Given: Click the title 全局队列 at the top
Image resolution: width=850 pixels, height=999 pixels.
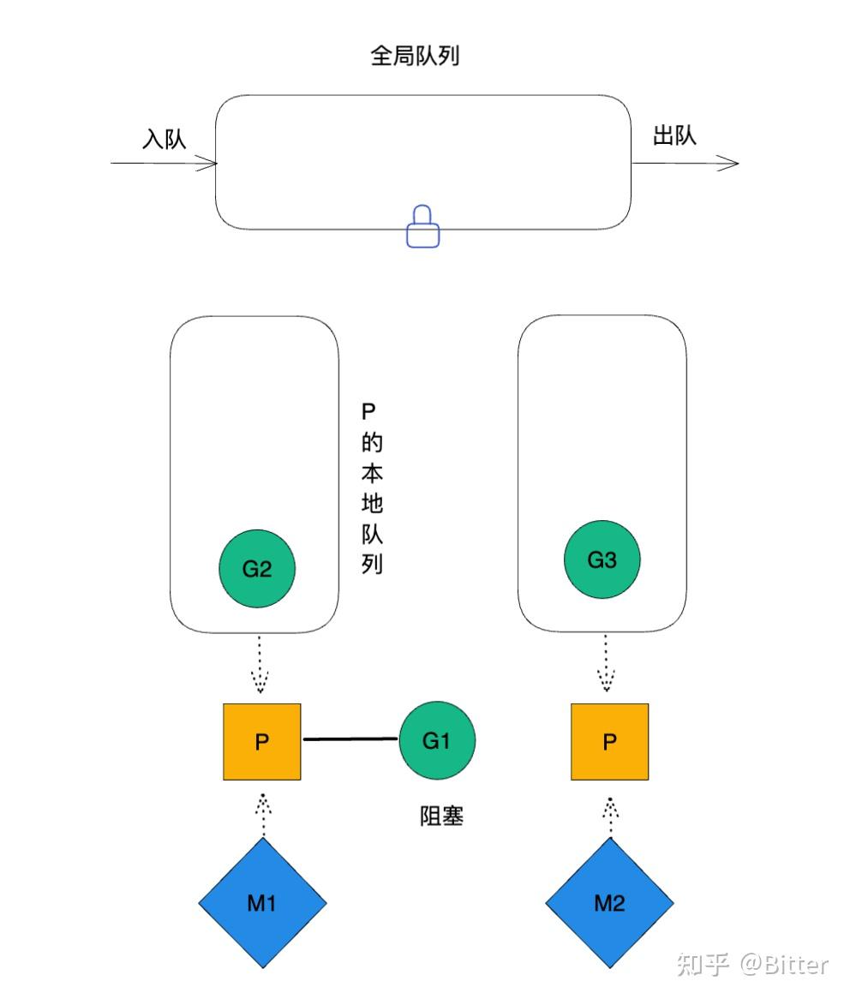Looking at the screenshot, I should point(416,57).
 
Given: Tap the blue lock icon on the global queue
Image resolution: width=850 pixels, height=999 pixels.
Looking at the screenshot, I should point(422,227).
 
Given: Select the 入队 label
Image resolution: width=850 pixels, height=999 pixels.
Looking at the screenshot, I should point(164,139).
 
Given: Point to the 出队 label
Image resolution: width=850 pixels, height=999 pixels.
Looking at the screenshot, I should point(674,135).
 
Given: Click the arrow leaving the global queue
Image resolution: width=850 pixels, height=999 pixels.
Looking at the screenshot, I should point(685,164).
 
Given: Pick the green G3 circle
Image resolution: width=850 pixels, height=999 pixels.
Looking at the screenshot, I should point(602,560).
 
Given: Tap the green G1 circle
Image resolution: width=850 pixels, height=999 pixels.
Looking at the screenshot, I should point(437,740).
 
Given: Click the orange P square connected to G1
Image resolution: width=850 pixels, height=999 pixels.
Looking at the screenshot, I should point(262,742).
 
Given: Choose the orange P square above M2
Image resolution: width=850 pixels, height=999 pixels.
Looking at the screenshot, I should point(609,742).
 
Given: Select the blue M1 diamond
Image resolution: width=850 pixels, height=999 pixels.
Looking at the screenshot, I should point(262,903).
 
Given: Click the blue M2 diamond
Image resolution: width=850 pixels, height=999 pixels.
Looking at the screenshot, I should point(609,903).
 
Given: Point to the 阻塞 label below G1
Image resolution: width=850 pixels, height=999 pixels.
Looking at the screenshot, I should point(441,817).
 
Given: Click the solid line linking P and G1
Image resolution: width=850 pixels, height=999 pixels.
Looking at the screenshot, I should point(350,739).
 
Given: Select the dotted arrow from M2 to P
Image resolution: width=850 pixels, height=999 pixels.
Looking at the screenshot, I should point(609,814).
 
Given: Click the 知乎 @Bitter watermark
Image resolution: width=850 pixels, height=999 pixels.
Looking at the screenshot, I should point(752,964).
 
